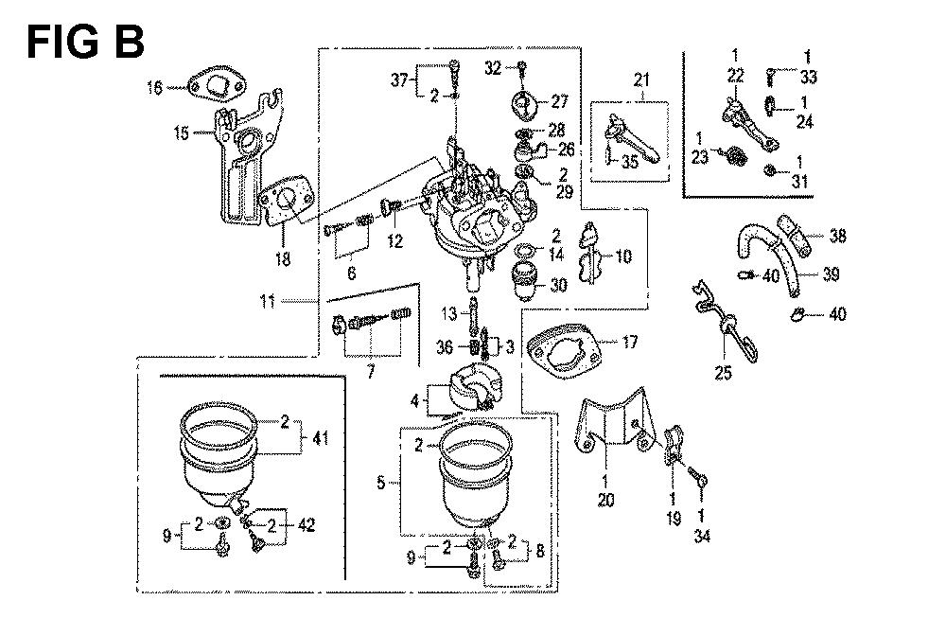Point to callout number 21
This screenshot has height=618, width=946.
pos(643,81)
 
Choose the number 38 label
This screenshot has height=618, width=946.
pos(837,237)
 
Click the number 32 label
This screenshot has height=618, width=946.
pos(493,67)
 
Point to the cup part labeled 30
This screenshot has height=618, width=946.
pos(524,281)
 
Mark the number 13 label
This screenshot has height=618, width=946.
pos(450,312)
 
